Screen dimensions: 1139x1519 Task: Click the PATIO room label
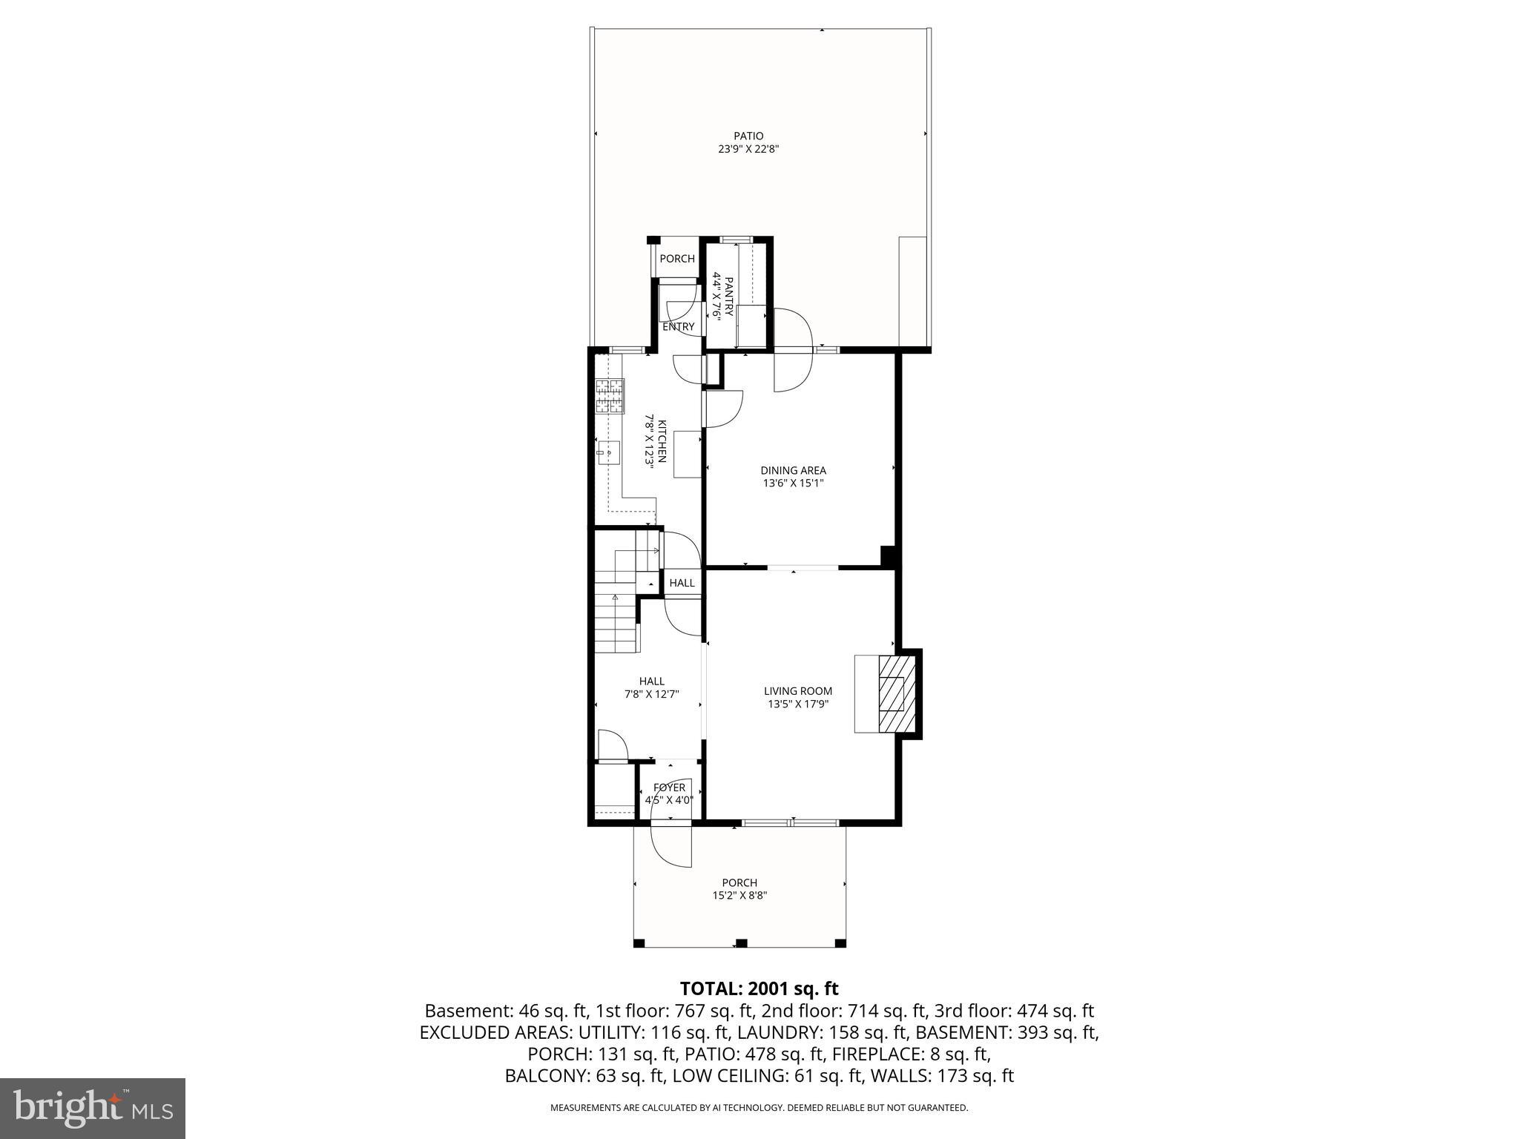[x=748, y=136]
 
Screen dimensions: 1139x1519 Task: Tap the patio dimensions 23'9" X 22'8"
[x=748, y=149]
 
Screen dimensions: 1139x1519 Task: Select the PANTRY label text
[x=728, y=297]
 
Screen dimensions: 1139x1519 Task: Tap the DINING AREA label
[x=793, y=470]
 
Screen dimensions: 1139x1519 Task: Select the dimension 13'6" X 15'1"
[x=793, y=483]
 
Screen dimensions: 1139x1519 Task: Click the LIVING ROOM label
[x=798, y=691]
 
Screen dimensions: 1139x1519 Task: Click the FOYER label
[x=669, y=788]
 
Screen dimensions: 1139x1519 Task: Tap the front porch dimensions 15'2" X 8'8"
[x=739, y=895]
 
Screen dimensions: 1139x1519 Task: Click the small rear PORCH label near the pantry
[x=677, y=259]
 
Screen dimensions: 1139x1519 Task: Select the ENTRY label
[x=679, y=327]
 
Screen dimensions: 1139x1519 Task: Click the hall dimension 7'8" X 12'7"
[x=652, y=695]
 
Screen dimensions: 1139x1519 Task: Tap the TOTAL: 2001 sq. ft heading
[x=759, y=988]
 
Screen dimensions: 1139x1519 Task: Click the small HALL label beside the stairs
[x=682, y=583]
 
